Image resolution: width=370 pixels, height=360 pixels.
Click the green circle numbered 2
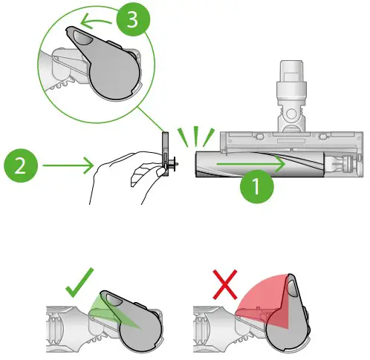tap(21, 165)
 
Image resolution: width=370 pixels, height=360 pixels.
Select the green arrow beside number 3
tap(94, 20)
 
